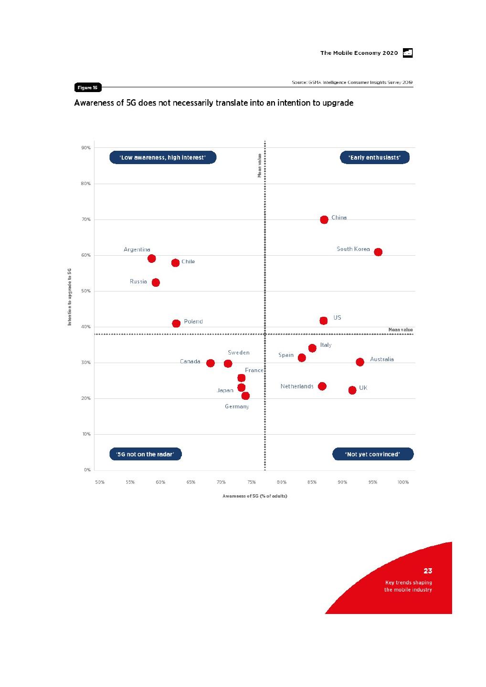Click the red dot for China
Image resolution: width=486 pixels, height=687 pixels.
coord(324,219)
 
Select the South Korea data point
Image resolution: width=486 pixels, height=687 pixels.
coord(378,252)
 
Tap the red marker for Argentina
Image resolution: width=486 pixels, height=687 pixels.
coord(152,259)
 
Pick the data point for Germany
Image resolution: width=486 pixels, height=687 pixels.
coord(245,396)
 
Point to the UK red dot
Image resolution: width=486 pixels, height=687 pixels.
coord(352,390)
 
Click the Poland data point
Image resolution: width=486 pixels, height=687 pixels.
coord(176,323)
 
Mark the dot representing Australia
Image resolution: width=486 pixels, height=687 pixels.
coord(360,362)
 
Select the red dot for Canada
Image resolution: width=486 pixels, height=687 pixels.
coord(211,363)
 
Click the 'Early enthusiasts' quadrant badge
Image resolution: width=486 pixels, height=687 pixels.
coord(375,157)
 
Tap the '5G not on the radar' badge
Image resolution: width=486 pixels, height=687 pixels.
coord(146,454)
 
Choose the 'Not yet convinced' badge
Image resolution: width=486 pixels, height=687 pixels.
coord(373,454)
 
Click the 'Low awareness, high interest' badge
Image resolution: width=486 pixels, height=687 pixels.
coord(163,157)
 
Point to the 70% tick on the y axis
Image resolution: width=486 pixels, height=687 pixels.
coord(86,219)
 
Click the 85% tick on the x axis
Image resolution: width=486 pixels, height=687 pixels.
coord(312,482)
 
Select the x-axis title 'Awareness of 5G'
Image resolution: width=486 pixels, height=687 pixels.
coord(255,496)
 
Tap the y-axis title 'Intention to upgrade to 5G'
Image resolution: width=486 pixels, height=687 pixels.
coord(70,297)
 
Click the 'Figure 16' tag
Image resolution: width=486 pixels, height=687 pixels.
coord(87,87)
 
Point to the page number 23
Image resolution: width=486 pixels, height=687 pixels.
coord(428,571)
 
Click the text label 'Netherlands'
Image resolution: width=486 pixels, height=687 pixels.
coord(297,386)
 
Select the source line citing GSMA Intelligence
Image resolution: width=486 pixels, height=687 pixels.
coord(352,83)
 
